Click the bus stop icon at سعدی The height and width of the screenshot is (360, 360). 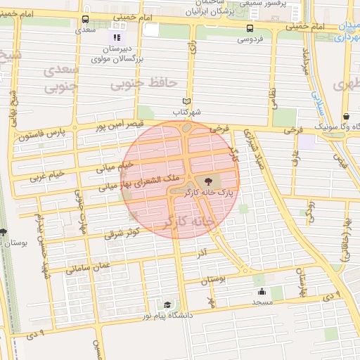pos(86,20)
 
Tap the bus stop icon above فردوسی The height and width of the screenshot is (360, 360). pos(251,28)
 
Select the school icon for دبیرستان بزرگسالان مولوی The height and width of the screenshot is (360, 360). pos(117,37)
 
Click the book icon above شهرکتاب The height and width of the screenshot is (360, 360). pos(187,101)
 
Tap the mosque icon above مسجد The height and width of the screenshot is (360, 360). pos(262,292)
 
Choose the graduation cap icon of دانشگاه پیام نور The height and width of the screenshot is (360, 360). pos(167,304)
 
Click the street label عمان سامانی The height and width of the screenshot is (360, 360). pos(89,265)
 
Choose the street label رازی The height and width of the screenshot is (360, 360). pos(191,51)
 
